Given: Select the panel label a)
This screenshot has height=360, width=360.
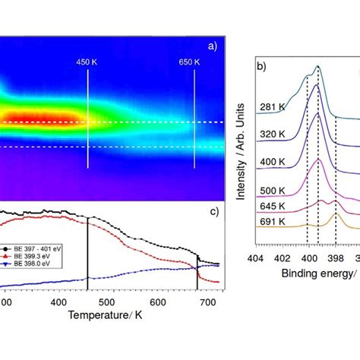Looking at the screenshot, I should coord(211,46).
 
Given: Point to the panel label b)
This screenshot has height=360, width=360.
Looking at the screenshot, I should coord(262,68).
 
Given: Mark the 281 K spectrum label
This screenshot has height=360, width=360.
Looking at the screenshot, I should coord(271,107).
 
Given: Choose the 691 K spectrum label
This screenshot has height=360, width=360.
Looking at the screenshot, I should coord(271,222).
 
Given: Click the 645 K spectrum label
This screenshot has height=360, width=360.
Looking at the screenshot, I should coord(271,206).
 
